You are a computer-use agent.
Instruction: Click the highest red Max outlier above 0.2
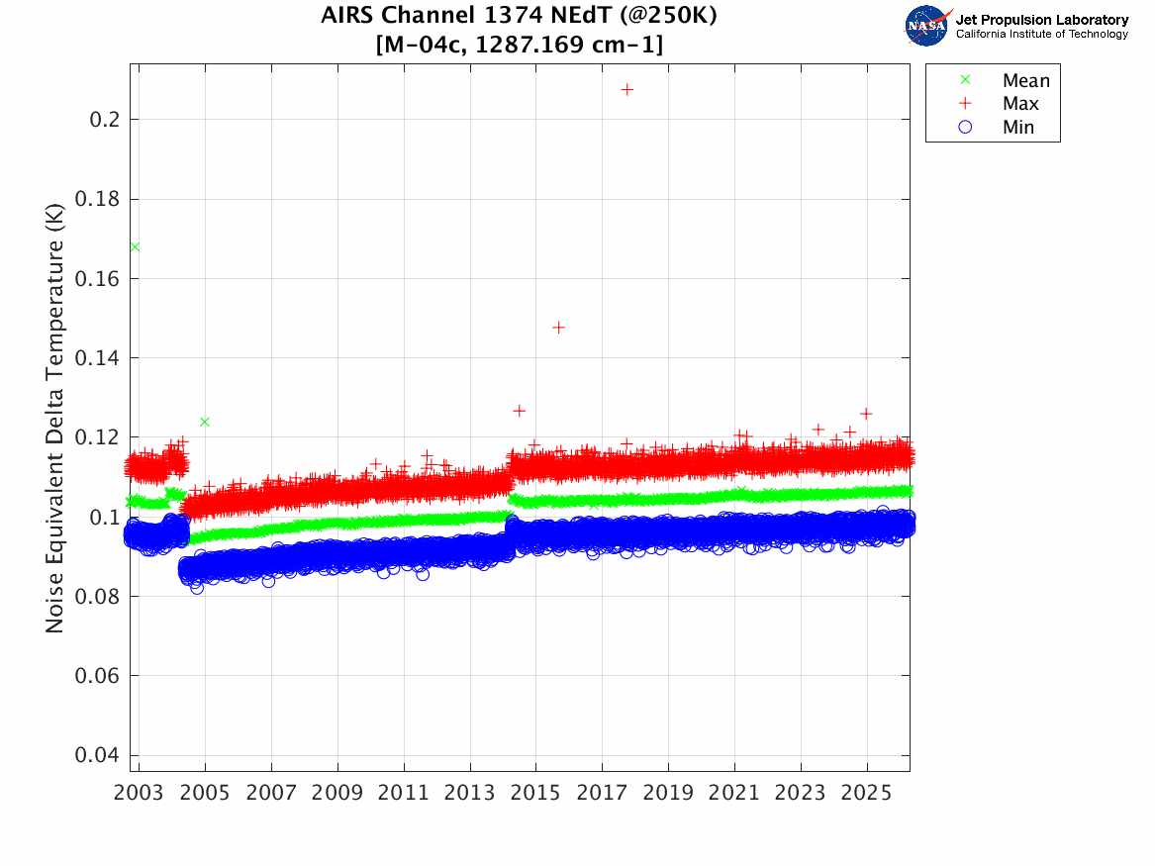point(626,89)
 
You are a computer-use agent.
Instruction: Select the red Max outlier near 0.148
point(558,327)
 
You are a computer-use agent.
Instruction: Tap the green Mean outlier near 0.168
point(135,246)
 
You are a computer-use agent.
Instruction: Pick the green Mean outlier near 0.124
point(204,422)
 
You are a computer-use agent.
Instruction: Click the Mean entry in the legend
point(1024,81)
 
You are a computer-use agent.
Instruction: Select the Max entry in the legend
point(1020,104)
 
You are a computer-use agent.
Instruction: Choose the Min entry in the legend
point(1018,128)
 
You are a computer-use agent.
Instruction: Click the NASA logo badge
point(927,25)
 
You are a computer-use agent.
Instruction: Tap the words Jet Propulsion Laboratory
point(1041,19)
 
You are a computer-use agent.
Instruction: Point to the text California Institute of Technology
point(1041,34)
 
